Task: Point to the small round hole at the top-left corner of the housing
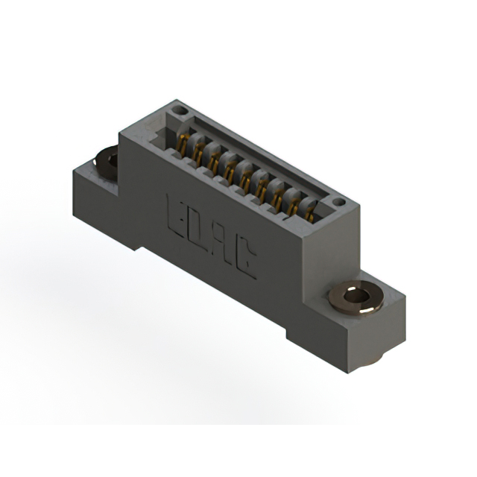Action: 179,110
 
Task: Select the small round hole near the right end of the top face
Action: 338,201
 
